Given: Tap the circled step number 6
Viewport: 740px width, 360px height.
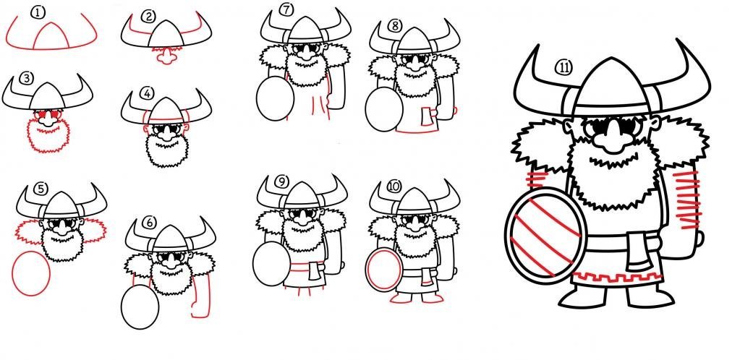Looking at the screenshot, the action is point(149,222).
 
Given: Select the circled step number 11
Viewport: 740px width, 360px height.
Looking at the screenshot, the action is point(563,68).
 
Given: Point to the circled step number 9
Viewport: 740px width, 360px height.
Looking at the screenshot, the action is point(281,181).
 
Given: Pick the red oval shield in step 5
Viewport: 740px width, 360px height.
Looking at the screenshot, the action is point(30,273).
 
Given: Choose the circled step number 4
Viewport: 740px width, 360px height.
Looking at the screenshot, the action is point(147,93).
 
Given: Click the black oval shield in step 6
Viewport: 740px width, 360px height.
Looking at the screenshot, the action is point(140,307).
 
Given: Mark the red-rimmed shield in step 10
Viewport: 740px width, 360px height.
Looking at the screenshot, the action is point(384,270).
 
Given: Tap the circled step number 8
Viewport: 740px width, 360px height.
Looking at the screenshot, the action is point(394,26).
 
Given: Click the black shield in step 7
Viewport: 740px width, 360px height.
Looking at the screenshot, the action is point(275,98).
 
